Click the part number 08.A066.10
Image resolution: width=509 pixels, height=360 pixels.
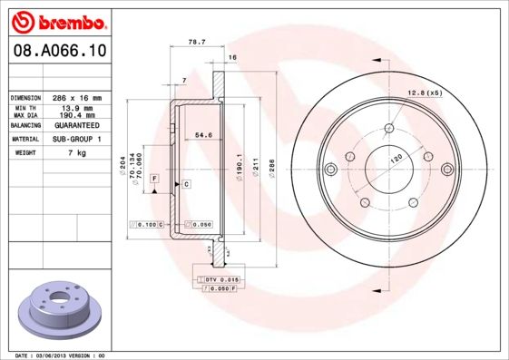click(x=60, y=51)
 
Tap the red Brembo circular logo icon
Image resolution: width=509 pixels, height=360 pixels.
click(x=23, y=23)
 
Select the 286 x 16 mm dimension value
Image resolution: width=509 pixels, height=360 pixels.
click(x=77, y=98)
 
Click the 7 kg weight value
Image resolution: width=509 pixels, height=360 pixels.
click(x=77, y=152)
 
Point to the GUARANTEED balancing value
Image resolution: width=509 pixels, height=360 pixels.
click(x=77, y=125)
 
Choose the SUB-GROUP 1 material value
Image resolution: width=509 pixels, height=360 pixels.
click(x=77, y=139)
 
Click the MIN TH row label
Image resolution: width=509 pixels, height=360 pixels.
click(x=25, y=108)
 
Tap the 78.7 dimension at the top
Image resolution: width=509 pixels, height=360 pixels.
click(x=197, y=42)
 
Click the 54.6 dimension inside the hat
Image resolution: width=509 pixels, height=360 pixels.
click(x=203, y=134)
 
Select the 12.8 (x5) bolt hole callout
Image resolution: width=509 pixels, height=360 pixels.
click(x=426, y=93)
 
